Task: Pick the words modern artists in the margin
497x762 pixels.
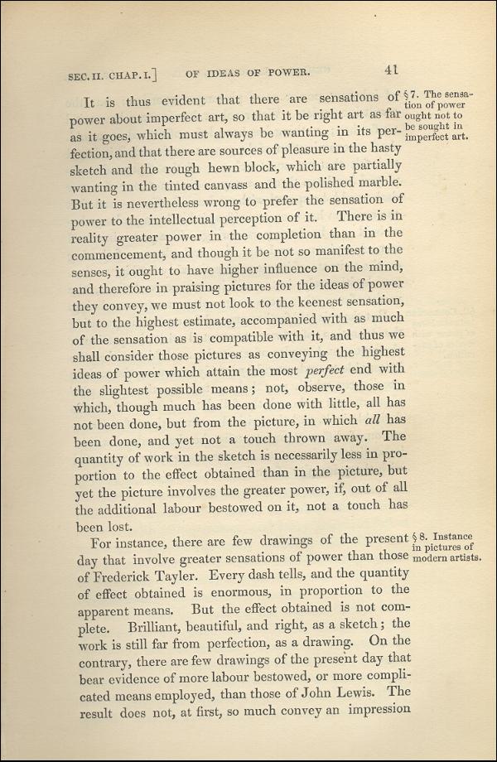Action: [446, 557]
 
